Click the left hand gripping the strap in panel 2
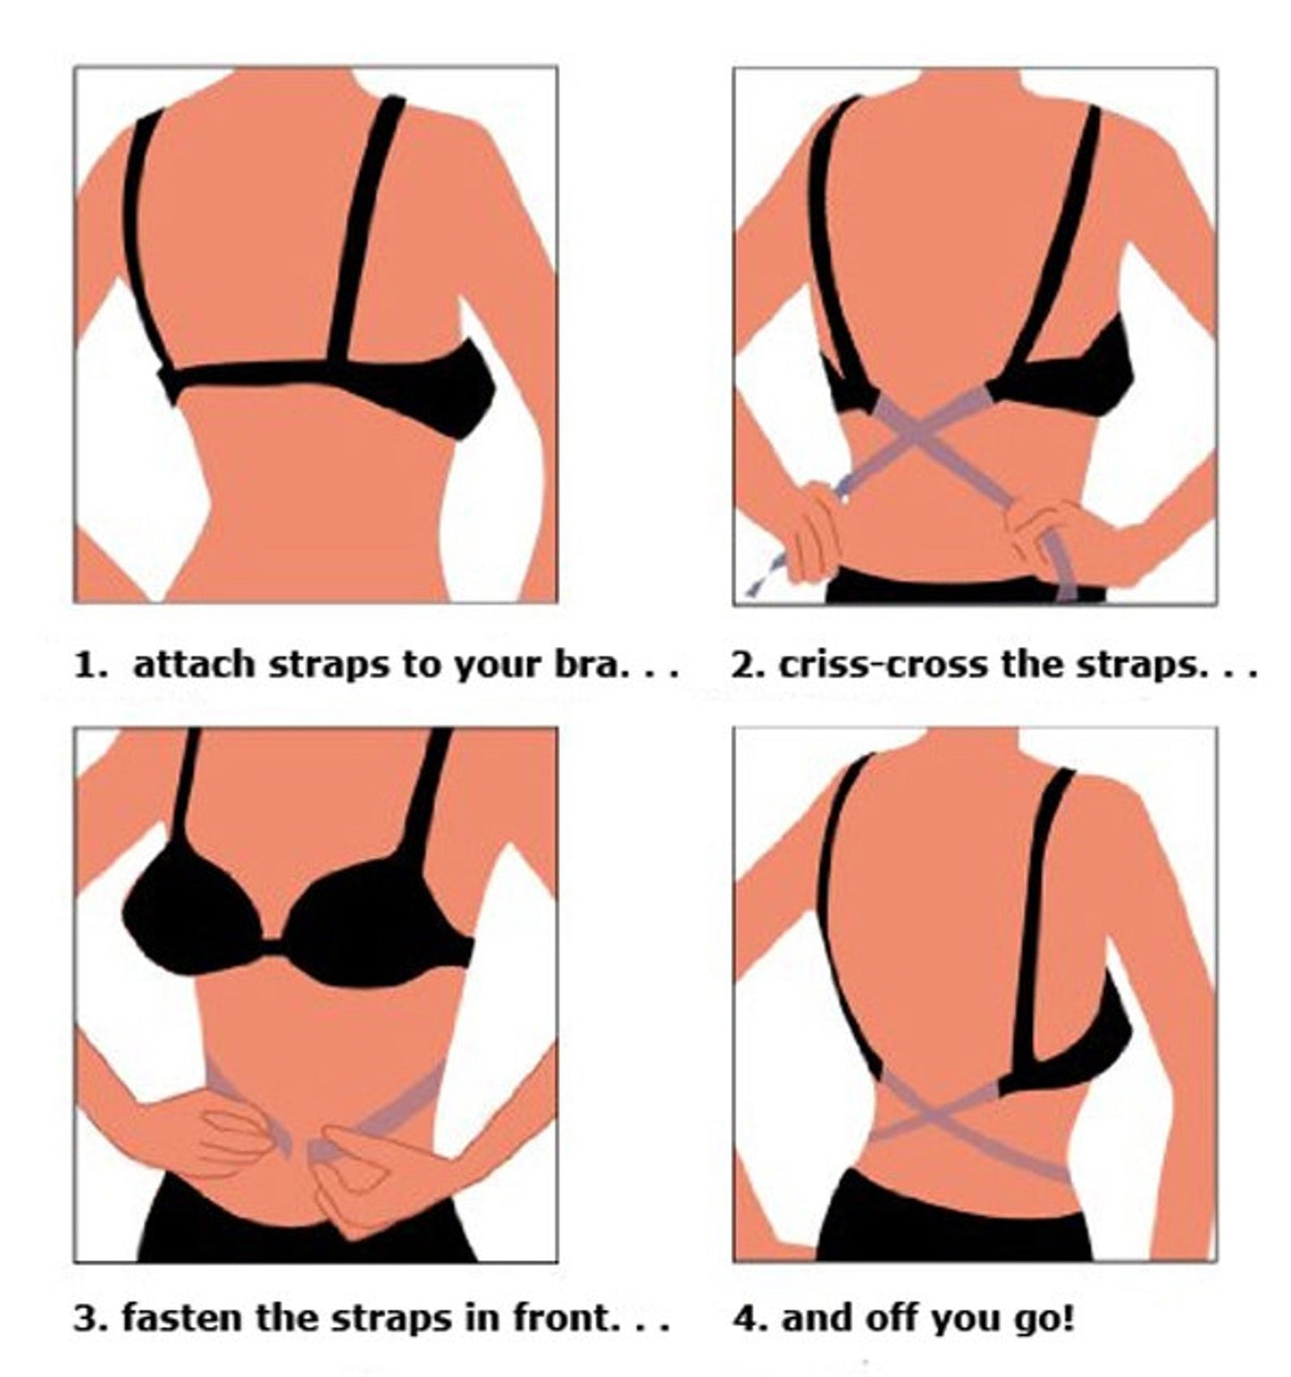(x=816, y=529)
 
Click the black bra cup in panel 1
(x=460, y=393)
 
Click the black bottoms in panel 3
(x=304, y=1229)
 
